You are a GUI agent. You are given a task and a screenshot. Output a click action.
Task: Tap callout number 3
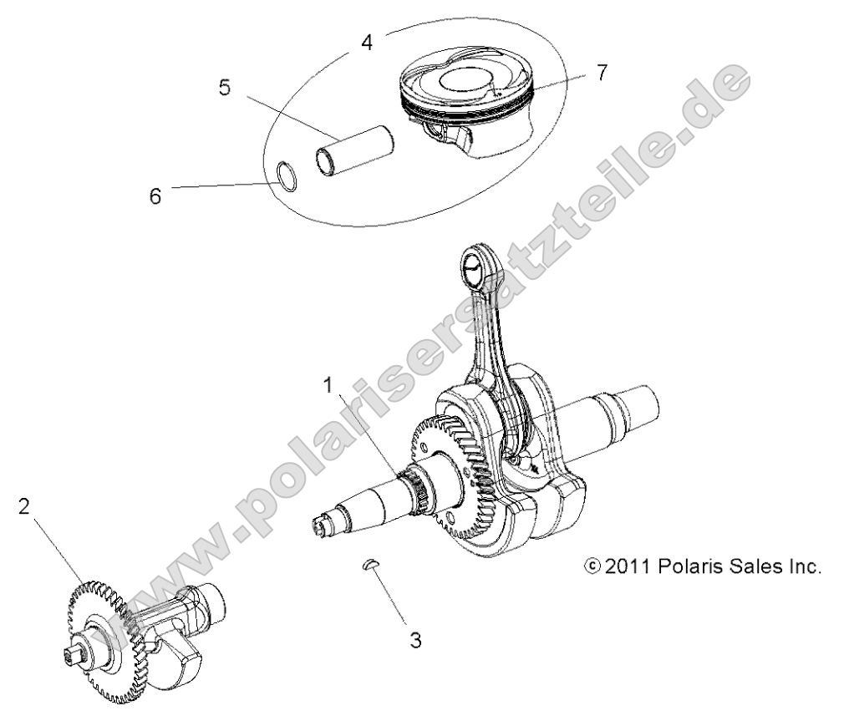[415, 640]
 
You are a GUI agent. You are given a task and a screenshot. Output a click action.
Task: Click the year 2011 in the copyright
[627, 567]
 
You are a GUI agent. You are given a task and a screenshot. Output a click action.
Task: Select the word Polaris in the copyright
[687, 567]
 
